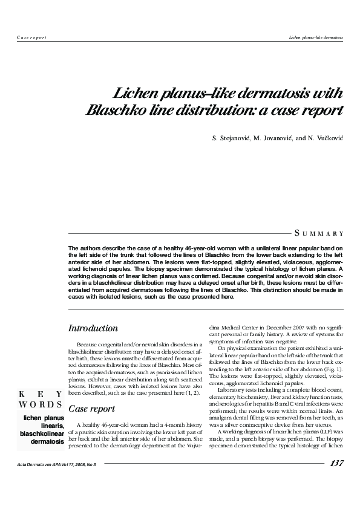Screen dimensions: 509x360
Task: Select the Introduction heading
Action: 93,328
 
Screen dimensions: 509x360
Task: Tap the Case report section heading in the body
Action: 91,392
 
